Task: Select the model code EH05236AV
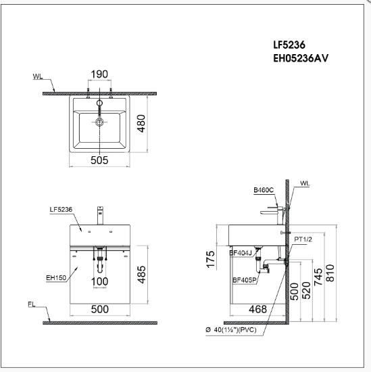tap(300, 58)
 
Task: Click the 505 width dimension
tap(100, 161)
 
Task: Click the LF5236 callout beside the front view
tap(60, 210)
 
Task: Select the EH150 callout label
tap(55, 277)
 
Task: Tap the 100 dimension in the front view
tap(100, 281)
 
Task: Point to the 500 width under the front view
tap(100, 309)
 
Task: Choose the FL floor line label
tap(32, 305)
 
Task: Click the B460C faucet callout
tap(264, 191)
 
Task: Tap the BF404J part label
tap(241, 254)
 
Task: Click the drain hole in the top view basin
tap(100, 122)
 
